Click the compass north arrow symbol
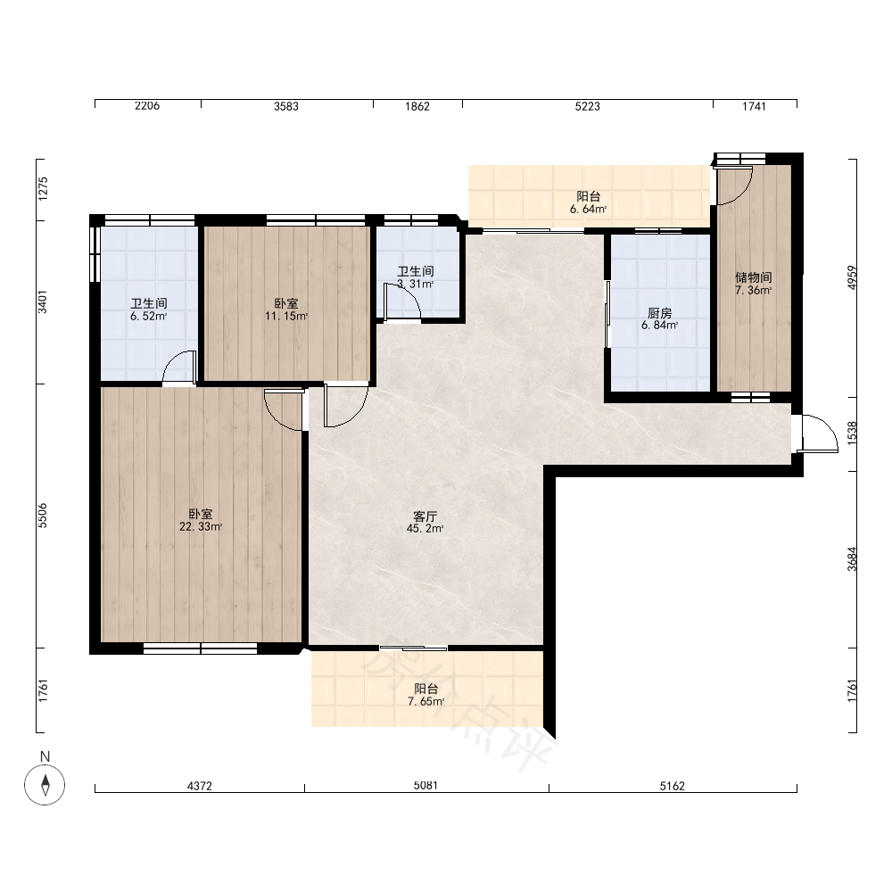[x=45, y=785]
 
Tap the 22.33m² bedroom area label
[x=201, y=521]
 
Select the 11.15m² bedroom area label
[x=286, y=310]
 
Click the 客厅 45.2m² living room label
[x=425, y=522]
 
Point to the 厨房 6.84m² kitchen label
[x=660, y=319]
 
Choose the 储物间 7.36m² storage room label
[x=753, y=284]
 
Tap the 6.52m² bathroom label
[x=148, y=310]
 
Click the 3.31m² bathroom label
[x=416, y=277]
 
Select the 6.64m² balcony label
[x=588, y=202]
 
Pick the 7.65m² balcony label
[x=426, y=695]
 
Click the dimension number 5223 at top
[x=588, y=106]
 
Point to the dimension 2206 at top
[x=147, y=106]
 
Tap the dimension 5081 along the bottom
[x=425, y=786]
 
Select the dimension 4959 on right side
[x=852, y=277]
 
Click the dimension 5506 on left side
[x=43, y=516]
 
